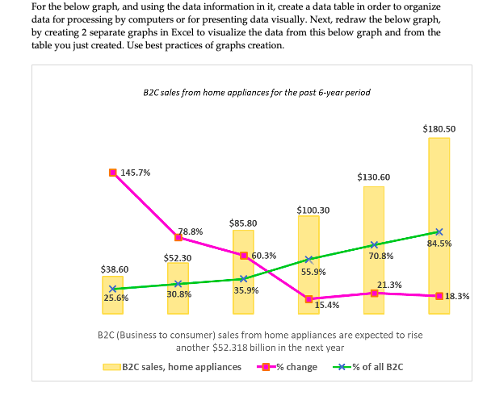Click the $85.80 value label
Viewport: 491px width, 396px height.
pyautogui.click(x=243, y=223)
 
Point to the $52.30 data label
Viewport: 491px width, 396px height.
pyautogui.click(x=178, y=257)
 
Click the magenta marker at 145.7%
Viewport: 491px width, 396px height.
pyautogui.click(x=113, y=172)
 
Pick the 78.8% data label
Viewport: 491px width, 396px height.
pyautogui.click(x=191, y=231)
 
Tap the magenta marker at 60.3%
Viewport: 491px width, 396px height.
pyautogui.click(x=243, y=255)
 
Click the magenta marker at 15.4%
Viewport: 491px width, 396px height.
pyautogui.click(x=308, y=298)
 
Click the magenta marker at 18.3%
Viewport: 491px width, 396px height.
pyautogui.click(x=439, y=296)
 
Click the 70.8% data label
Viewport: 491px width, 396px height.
pyautogui.click(x=380, y=256)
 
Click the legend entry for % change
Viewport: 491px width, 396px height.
pyautogui.click(x=287, y=367)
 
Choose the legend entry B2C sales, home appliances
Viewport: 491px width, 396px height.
pyautogui.click(x=174, y=367)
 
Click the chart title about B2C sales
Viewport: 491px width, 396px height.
pyautogui.click(x=255, y=93)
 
